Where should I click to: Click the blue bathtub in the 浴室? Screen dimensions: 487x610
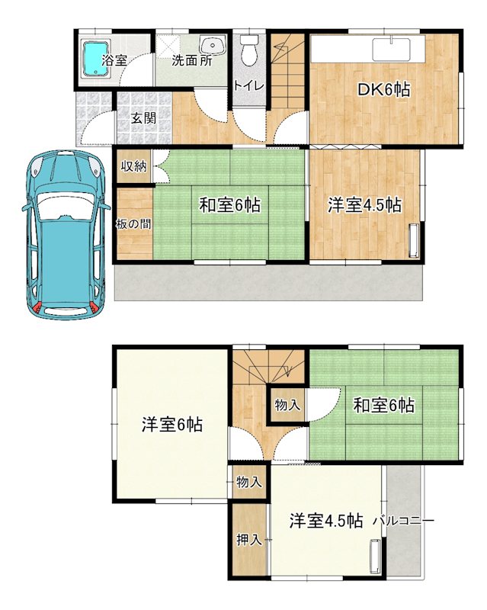pos(95,58)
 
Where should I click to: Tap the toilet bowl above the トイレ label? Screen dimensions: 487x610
pos(249,50)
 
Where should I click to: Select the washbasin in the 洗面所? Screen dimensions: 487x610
pos(213,45)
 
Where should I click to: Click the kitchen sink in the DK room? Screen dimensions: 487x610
pos(391,50)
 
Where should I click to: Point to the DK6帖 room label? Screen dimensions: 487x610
pos(384,90)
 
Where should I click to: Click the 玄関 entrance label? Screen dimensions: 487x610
pos(143,118)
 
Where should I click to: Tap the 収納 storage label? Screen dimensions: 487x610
pos(133,166)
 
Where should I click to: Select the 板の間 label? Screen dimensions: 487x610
pos(134,224)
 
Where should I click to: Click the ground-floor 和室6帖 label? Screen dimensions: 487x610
pos(229,205)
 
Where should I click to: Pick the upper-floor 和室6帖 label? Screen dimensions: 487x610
pos(383,406)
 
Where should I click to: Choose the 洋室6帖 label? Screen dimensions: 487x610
pos(172,424)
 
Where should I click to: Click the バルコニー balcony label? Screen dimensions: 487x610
pos(403,521)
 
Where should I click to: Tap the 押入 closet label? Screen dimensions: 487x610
pos(249,540)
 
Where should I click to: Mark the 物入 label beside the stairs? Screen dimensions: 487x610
pos(287,405)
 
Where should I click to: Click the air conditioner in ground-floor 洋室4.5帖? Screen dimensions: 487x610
pos(413,240)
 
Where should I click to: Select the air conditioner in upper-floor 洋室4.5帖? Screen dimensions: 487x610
pos(376,556)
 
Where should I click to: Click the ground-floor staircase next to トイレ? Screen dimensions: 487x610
pos(287,72)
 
